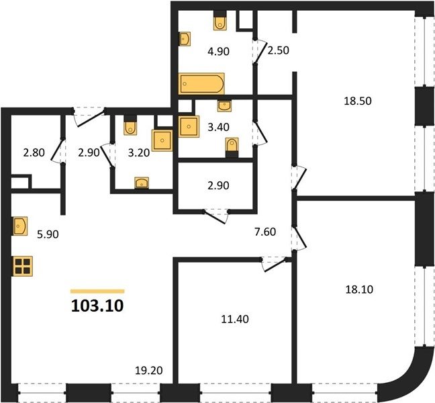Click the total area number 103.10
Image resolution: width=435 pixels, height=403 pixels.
coord(97,306)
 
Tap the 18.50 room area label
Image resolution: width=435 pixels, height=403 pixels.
coord(358,101)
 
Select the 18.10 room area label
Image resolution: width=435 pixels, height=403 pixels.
coord(359,289)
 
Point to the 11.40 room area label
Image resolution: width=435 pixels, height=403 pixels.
coord(235,319)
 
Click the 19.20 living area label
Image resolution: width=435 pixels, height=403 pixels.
coord(149,370)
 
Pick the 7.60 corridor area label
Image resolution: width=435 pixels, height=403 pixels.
coord(265,232)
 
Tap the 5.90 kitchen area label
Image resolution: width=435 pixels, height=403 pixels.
coord(48,234)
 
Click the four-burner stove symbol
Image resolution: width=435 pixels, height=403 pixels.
coord(23,266)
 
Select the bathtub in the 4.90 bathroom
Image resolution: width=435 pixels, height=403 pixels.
coord(201,83)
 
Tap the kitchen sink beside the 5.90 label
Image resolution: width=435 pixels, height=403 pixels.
coord(20,226)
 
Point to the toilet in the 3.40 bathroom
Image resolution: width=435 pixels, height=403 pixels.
coord(232,147)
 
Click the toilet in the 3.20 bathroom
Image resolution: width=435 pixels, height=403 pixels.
coord(130,126)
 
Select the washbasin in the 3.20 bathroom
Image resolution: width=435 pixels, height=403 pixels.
coord(142,183)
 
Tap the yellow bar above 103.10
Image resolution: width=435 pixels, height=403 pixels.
coord(97,291)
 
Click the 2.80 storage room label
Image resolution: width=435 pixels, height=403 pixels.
coord(34,152)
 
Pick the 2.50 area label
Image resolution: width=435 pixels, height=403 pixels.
coord(279,50)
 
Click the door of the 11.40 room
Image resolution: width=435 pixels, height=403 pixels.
coord(274,264)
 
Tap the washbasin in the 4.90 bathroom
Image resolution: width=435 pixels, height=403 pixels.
coord(185,39)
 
